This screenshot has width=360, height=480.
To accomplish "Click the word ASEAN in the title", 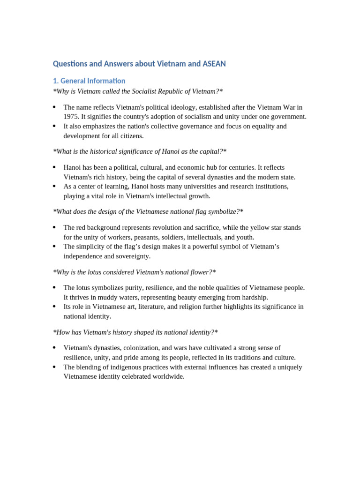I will pos(213,63).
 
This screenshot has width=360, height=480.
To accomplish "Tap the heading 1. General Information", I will pos(89,81).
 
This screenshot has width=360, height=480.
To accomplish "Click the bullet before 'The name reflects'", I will pos(55,107).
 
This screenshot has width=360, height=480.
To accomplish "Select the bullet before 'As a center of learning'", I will pos(55,187).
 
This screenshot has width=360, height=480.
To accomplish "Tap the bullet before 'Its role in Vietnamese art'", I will pos(55,307).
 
